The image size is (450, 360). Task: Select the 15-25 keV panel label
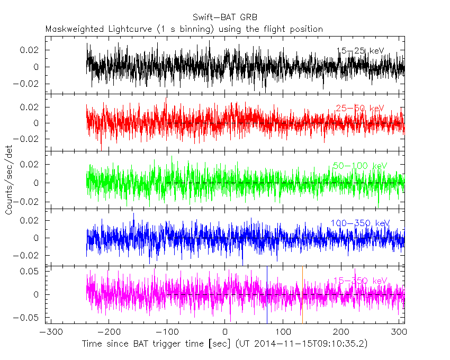click(360, 51)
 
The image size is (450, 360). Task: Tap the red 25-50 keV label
click(360, 109)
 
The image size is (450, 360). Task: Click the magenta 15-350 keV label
click(360, 281)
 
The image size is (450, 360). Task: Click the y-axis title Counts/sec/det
click(9, 180)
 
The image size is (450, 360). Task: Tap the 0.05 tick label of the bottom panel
click(30, 271)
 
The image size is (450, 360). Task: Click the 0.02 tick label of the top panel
click(30, 50)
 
